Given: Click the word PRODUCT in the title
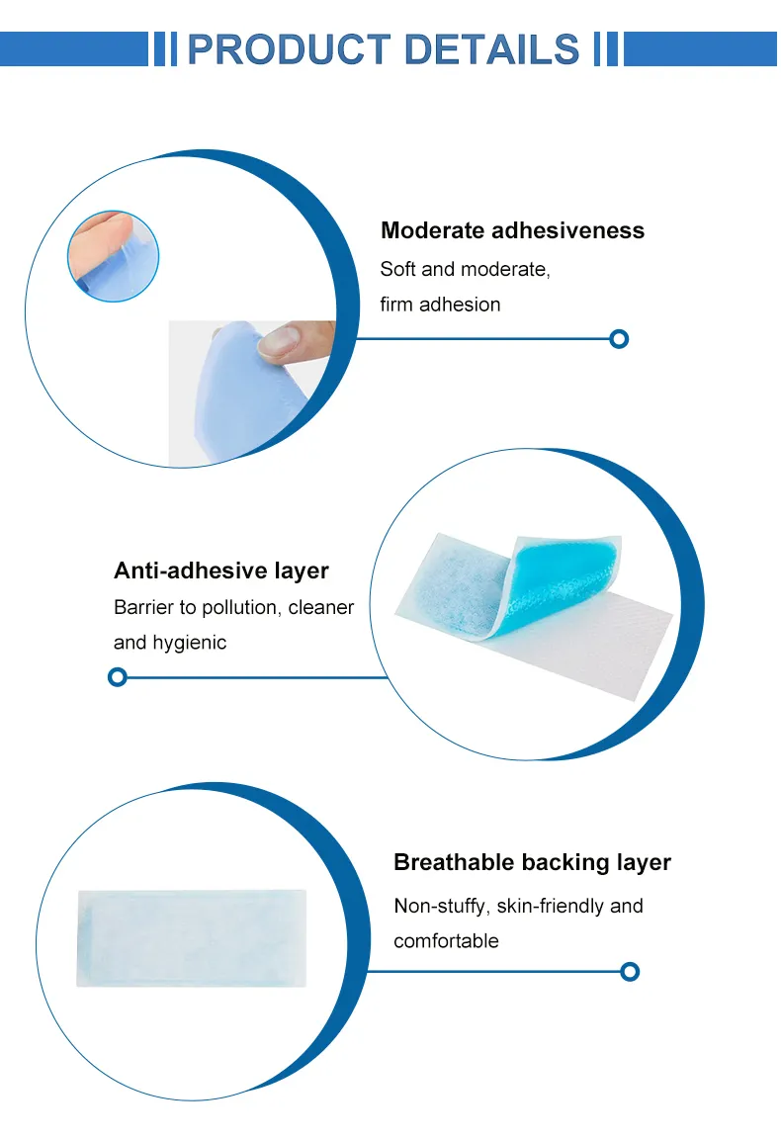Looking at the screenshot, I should coord(287,48).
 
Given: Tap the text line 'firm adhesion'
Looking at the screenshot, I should coord(440,305).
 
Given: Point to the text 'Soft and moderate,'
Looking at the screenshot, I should coord(465,269).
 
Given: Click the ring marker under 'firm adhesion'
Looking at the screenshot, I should coord(619,339).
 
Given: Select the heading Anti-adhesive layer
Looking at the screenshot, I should coord(221,570).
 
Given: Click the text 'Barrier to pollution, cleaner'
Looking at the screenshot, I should coord(233,607).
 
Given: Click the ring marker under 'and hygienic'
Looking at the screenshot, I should coord(118,677).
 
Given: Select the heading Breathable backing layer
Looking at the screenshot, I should coord(532,862).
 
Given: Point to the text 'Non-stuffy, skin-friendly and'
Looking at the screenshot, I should coord(518,906).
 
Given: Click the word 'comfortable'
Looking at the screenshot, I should coord(446,941).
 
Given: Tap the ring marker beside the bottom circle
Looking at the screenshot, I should coord(630,971).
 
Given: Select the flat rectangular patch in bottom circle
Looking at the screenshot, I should coord(192,937).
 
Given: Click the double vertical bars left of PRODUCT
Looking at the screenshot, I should coord(165,48).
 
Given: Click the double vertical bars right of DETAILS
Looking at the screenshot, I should coord(606,48).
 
